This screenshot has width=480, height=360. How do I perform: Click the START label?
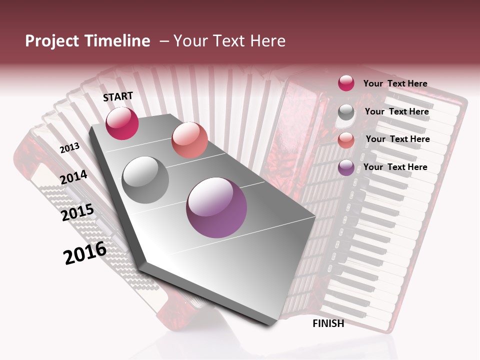118,96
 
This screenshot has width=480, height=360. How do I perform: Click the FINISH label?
328,323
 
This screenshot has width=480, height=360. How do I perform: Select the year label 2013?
70,148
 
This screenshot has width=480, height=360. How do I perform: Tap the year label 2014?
74,177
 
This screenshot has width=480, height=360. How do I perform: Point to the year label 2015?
77,212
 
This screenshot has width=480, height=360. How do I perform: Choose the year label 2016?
85,252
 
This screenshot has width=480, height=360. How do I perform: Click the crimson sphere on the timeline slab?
122,123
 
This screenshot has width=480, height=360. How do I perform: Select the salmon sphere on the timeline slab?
189,140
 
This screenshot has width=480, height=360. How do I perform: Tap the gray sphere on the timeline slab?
145,179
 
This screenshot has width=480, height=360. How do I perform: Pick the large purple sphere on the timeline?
216,207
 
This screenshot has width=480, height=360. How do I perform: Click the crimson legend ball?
346,83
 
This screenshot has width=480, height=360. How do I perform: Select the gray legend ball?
346,112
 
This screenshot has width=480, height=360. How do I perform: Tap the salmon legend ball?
346,140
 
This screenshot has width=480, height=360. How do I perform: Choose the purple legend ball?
346,167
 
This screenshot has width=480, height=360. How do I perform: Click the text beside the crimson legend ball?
395,83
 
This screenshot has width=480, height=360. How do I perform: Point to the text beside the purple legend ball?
395,167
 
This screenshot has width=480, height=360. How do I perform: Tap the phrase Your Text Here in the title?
229,41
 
